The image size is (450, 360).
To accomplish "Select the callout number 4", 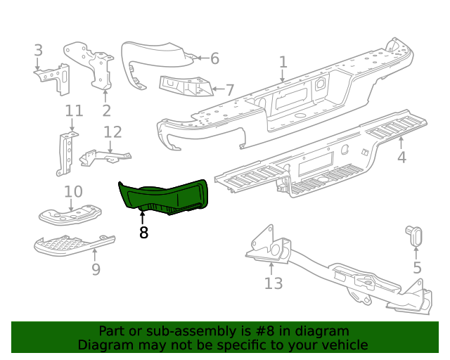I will tap(401, 157).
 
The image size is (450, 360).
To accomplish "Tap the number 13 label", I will tap(273, 283).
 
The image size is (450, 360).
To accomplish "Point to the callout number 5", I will tap(417, 267).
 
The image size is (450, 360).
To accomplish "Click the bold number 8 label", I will tap(143, 232).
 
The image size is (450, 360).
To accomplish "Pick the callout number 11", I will tap(74, 110).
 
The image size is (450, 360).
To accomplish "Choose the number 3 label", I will tap(38, 50).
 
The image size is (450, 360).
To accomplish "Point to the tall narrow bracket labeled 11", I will tap(66, 155).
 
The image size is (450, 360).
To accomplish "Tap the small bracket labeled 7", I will tap(186, 87).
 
